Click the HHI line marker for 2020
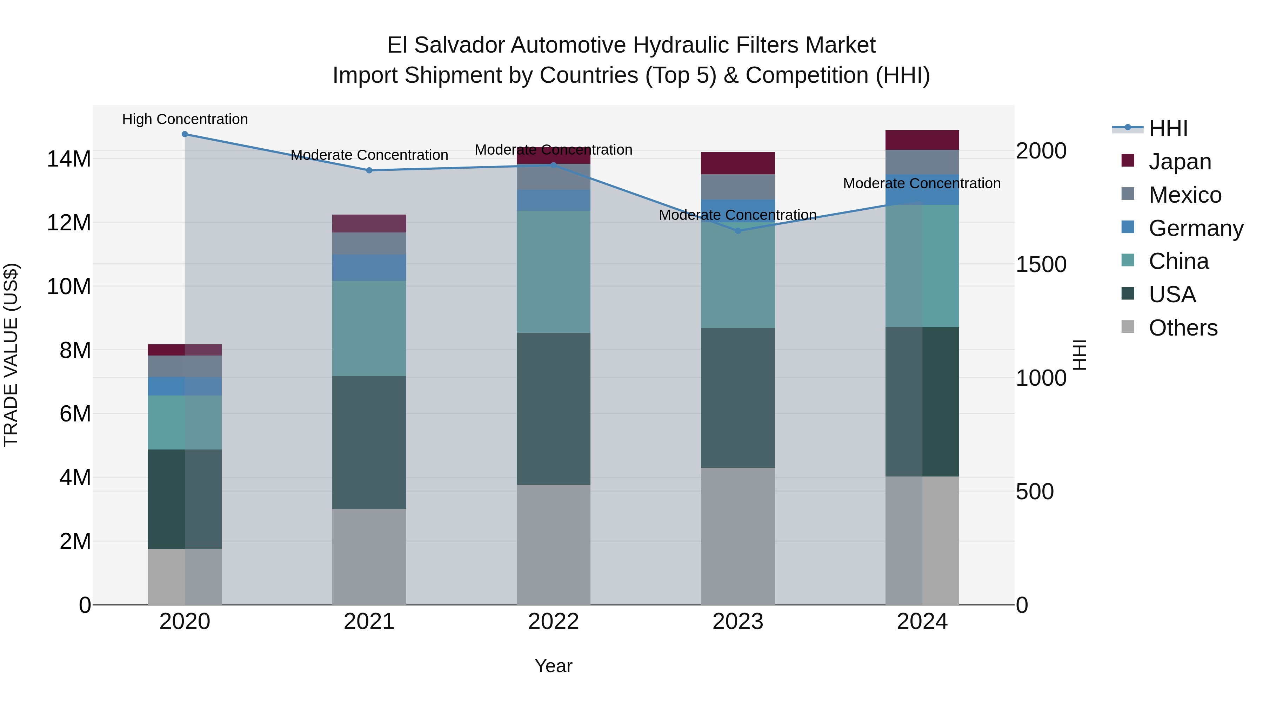[x=185, y=134]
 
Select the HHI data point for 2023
[x=738, y=231]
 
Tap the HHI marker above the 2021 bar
[x=369, y=170]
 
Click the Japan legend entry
[x=1180, y=162]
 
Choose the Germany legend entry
[x=1195, y=228]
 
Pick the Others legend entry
[x=1183, y=328]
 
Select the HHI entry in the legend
[x=1168, y=128]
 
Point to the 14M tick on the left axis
[x=69, y=159]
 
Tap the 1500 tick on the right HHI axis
[x=1041, y=265]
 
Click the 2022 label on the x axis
[x=554, y=622]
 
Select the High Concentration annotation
[x=185, y=119]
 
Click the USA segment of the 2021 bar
[x=369, y=442]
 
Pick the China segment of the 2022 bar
[x=554, y=272]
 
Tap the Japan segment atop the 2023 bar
[x=738, y=163]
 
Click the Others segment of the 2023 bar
[x=738, y=536]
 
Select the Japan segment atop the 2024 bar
[x=922, y=140]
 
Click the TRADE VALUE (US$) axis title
[x=11, y=355]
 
